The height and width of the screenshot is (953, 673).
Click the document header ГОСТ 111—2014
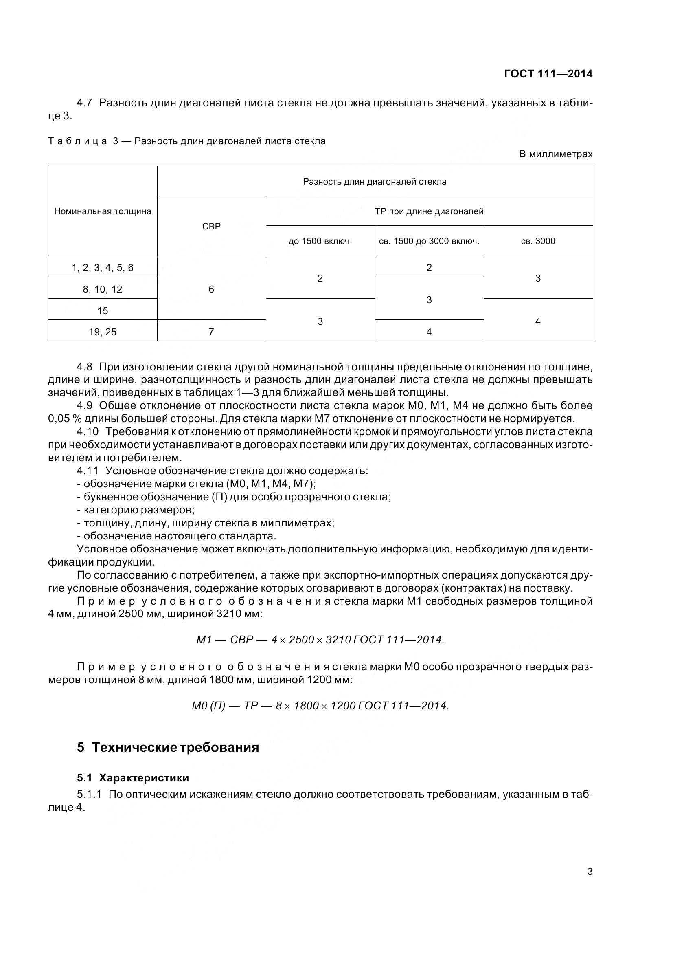(548, 74)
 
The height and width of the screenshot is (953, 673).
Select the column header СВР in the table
(211, 226)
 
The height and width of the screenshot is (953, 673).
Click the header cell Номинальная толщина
(103, 211)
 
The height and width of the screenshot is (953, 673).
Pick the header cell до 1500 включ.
(320, 241)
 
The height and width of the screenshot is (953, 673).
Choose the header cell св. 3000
(538, 241)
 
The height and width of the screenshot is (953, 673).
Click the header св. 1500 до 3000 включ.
(429, 241)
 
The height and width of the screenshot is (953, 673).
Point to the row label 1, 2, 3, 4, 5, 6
(103, 268)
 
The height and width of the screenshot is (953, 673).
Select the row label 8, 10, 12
(103, 289)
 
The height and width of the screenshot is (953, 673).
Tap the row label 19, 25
(103, 332)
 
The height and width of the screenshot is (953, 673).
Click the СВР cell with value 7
(211, 332)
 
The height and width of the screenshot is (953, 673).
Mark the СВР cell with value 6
(211, 289)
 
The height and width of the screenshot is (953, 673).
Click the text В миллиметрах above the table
(556, 154)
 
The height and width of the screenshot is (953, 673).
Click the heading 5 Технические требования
(168, 747)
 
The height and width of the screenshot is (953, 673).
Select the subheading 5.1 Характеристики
(133, 777)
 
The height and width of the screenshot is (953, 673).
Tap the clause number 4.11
(88, 471)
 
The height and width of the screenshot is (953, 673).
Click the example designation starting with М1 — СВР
(320, 640)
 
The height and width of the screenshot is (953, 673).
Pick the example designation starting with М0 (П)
(320, 705)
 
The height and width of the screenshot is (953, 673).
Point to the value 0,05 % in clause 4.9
(64, 418)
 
